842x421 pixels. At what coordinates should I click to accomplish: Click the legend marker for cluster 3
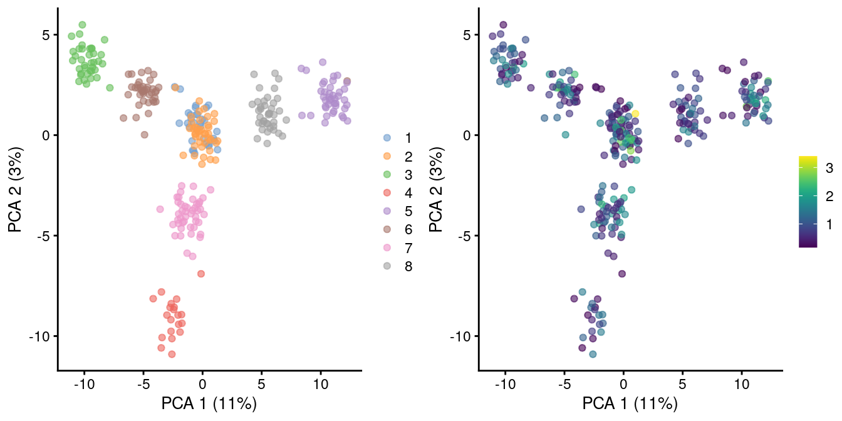tap(387, 174)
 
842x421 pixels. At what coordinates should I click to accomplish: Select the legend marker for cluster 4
tap(387, 192)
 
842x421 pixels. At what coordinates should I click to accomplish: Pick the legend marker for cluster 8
tap(387, 266)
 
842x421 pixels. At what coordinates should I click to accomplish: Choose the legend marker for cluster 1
tap(387, 137)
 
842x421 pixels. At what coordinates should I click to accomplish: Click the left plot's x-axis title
tap(209, 403)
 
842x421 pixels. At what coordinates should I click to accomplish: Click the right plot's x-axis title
tap(630, 403)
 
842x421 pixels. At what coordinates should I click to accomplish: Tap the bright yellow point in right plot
tap(635, 113)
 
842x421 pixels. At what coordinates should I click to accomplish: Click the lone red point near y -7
tap(201, 274)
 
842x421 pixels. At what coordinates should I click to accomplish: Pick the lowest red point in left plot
tap(172, 355)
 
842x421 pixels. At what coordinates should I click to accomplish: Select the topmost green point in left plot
tap(82, 25)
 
